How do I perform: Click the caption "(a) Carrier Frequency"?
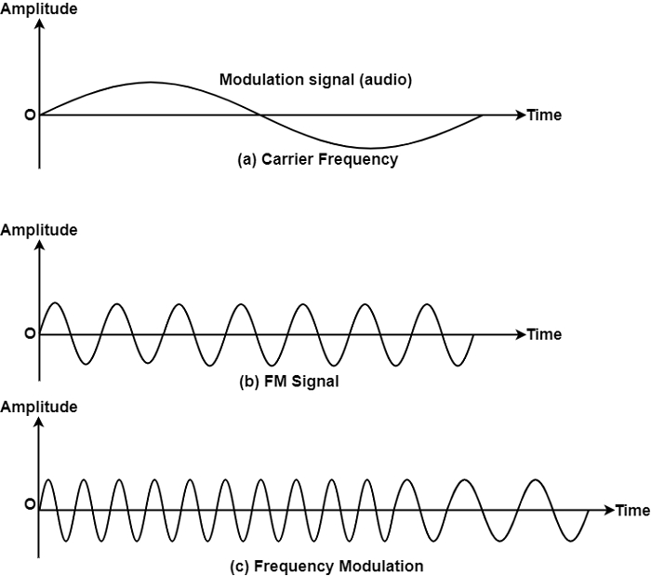tap(318, 159)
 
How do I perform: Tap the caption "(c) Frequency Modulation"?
tap(325, 566)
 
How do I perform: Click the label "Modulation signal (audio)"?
tap(315, 80)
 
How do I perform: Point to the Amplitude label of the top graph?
tap(39, 8)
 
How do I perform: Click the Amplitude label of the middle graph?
tap(39, 230)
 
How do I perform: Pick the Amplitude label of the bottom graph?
tap(39, 407)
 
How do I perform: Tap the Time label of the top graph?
tap(544, 115)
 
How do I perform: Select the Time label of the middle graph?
tap(544, 334)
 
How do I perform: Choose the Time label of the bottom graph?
tap(632, 510)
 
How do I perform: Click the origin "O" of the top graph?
tap(30, 115)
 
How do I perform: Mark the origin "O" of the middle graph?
tap(30, 334)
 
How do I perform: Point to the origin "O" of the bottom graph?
tap(30, 505)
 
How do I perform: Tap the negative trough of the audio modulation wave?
tap(371, 148)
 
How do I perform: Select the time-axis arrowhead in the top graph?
tap(520, 115)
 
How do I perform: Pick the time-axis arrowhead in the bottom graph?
tap(609, 510)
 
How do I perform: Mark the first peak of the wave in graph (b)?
tap(55, 303)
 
